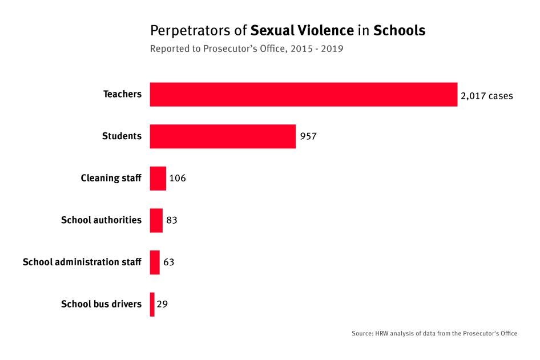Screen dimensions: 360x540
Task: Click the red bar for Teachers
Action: (x=303, y=95)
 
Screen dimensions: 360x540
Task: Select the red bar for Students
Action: (x=223, y=136)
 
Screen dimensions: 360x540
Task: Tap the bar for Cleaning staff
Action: (x=158, y=179)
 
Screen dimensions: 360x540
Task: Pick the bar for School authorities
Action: (x=156, y=220)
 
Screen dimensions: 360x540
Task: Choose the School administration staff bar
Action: (x=155, y=262)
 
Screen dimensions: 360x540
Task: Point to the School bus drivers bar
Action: (x=152, y=304)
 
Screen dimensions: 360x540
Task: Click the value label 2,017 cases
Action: (x=486, y=96)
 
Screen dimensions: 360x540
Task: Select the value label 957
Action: (x=308, y=137)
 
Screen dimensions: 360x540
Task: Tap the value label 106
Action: (x=178, y=179)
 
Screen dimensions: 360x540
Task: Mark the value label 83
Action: (x=172, y=220)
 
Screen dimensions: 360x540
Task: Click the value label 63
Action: (x=168, y=262)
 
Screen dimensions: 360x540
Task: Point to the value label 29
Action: (x=162, y=304)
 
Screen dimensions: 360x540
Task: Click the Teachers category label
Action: (x=122, y=94)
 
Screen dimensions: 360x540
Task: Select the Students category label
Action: (x=122, y=136)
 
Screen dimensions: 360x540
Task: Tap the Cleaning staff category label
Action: (x=111, y=179)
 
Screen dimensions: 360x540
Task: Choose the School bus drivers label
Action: (x=101, y=304)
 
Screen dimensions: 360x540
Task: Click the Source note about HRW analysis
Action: (x=434, y=333)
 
